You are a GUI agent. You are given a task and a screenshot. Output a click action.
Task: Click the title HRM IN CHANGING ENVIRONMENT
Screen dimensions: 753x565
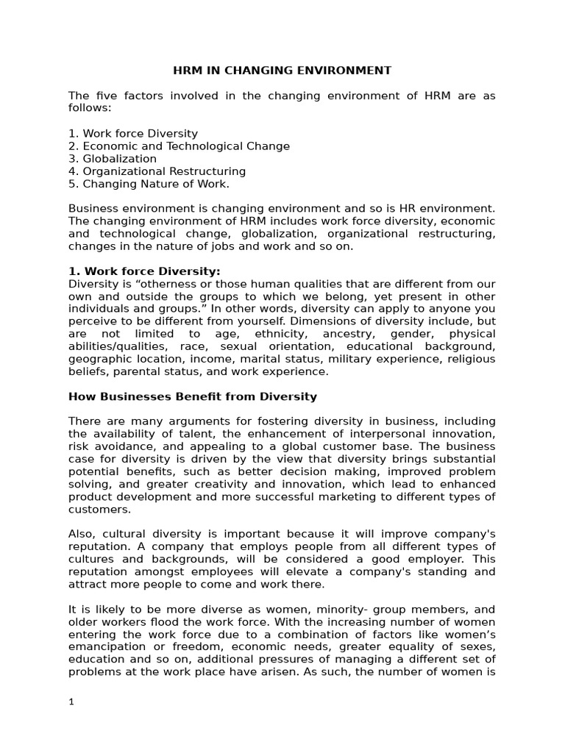point(282,71)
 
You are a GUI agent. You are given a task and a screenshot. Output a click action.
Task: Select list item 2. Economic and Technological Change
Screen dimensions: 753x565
point(179,146)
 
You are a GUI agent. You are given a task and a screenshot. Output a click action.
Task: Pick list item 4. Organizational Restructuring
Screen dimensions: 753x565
point(157,171)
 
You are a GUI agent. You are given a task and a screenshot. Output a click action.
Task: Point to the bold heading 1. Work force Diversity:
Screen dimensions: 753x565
point(144,271)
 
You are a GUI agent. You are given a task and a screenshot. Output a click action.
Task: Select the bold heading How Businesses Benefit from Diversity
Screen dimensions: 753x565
point(193,396)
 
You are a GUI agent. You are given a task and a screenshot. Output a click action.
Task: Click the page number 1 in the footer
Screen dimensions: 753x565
point(71,702)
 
